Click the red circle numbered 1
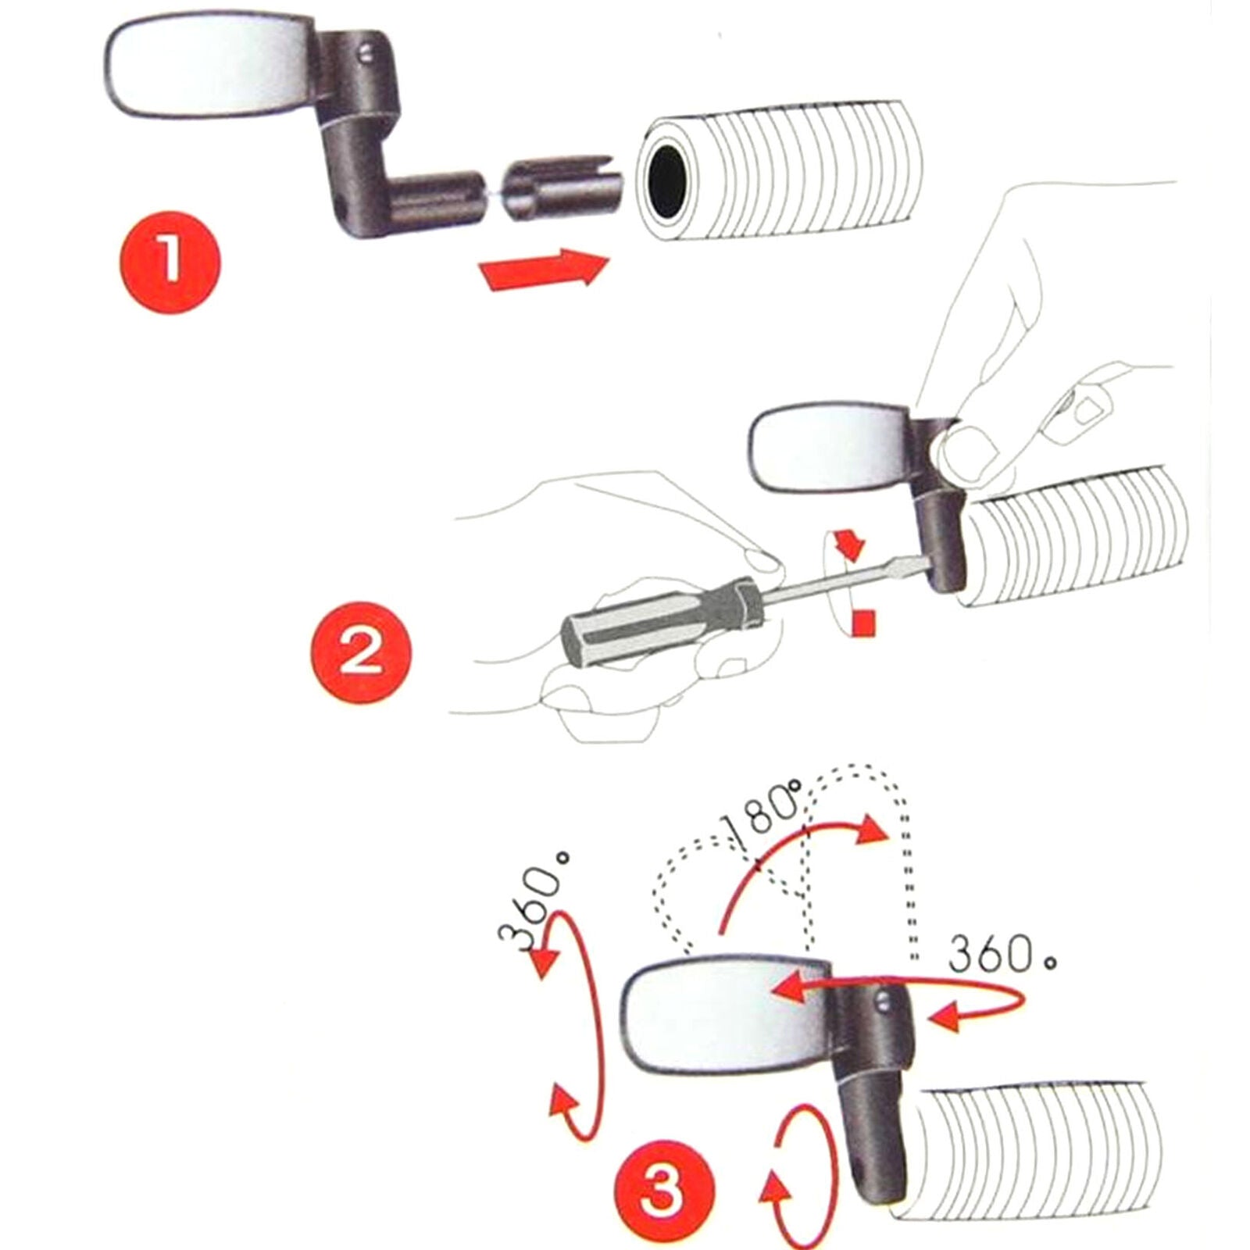click(x=170, y=263)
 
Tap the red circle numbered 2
click(x=361, y=652)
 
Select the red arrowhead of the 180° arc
click(x=873, y=833)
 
